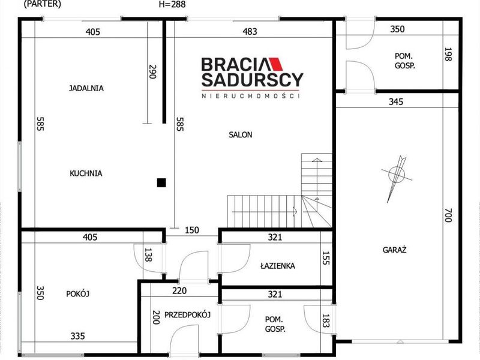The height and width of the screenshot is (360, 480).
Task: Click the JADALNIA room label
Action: tap(86, 88)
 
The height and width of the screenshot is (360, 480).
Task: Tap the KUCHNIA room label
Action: tap(86, 173)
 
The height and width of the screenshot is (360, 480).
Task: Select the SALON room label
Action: tap(241, 134)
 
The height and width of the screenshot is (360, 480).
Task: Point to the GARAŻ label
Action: tap(394, 250)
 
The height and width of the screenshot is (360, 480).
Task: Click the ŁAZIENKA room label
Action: tap(278, 266)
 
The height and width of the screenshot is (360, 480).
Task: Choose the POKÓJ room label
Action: tap(78, 294)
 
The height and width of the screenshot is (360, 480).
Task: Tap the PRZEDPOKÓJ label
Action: tap(187, 314)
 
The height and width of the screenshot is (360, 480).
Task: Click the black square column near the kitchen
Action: tap(161, 183)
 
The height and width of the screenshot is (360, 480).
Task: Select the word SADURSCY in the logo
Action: tap(252, 80)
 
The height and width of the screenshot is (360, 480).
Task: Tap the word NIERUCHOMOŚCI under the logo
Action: tap(250, 96)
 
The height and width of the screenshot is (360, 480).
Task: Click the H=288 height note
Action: tap(172, 4)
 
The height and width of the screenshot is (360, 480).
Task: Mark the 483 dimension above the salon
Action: tap(250, 32)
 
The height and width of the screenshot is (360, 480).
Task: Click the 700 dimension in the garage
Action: tap(448, 215)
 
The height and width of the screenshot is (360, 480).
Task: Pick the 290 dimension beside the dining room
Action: tap(152, 71)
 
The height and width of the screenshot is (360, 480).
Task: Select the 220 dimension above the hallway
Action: tap(179, 290)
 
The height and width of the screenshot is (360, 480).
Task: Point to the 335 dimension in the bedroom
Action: tap(77, 336)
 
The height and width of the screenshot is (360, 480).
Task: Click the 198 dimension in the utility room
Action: tap(448, 54)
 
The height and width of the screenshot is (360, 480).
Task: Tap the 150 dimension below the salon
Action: tap(192, 230)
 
